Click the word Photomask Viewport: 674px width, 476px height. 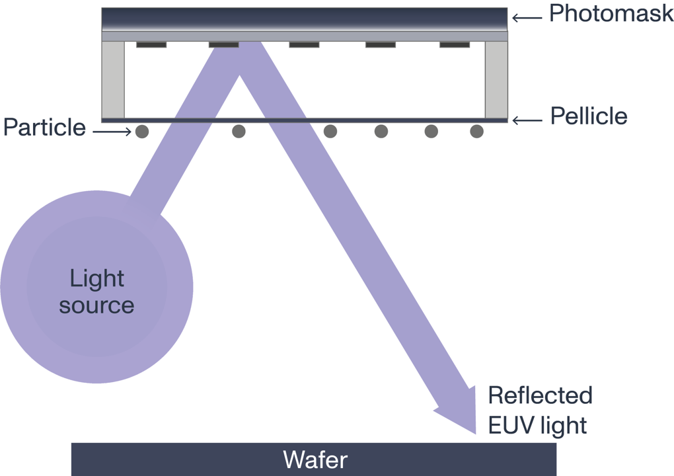point(611,14)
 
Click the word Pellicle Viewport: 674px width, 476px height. point(588,117)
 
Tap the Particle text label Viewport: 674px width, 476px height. point(44,127)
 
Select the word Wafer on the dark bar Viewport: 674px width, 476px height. point(315,459)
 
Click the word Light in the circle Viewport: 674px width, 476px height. point(96,278)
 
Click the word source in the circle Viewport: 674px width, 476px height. point(96,305)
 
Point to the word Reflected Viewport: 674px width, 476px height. point(540,395)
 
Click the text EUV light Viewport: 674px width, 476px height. point(537,425)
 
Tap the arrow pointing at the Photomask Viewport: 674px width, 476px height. point(527,18)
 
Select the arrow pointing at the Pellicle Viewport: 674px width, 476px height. point(527,120)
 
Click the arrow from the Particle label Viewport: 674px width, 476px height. point(112,132)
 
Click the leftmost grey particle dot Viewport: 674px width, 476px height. point(141,132)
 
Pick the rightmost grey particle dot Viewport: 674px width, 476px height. point(476,132)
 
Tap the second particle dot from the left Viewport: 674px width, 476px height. point(239,132)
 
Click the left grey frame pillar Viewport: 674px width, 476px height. point(113,79)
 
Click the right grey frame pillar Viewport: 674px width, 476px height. point(496,79)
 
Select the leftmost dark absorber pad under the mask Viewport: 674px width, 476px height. point(151,45)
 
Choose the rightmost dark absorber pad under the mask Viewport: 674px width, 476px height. point(455,45)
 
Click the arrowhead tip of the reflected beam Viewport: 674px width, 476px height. point(476,433)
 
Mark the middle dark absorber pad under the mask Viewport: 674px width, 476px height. point(304,45)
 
